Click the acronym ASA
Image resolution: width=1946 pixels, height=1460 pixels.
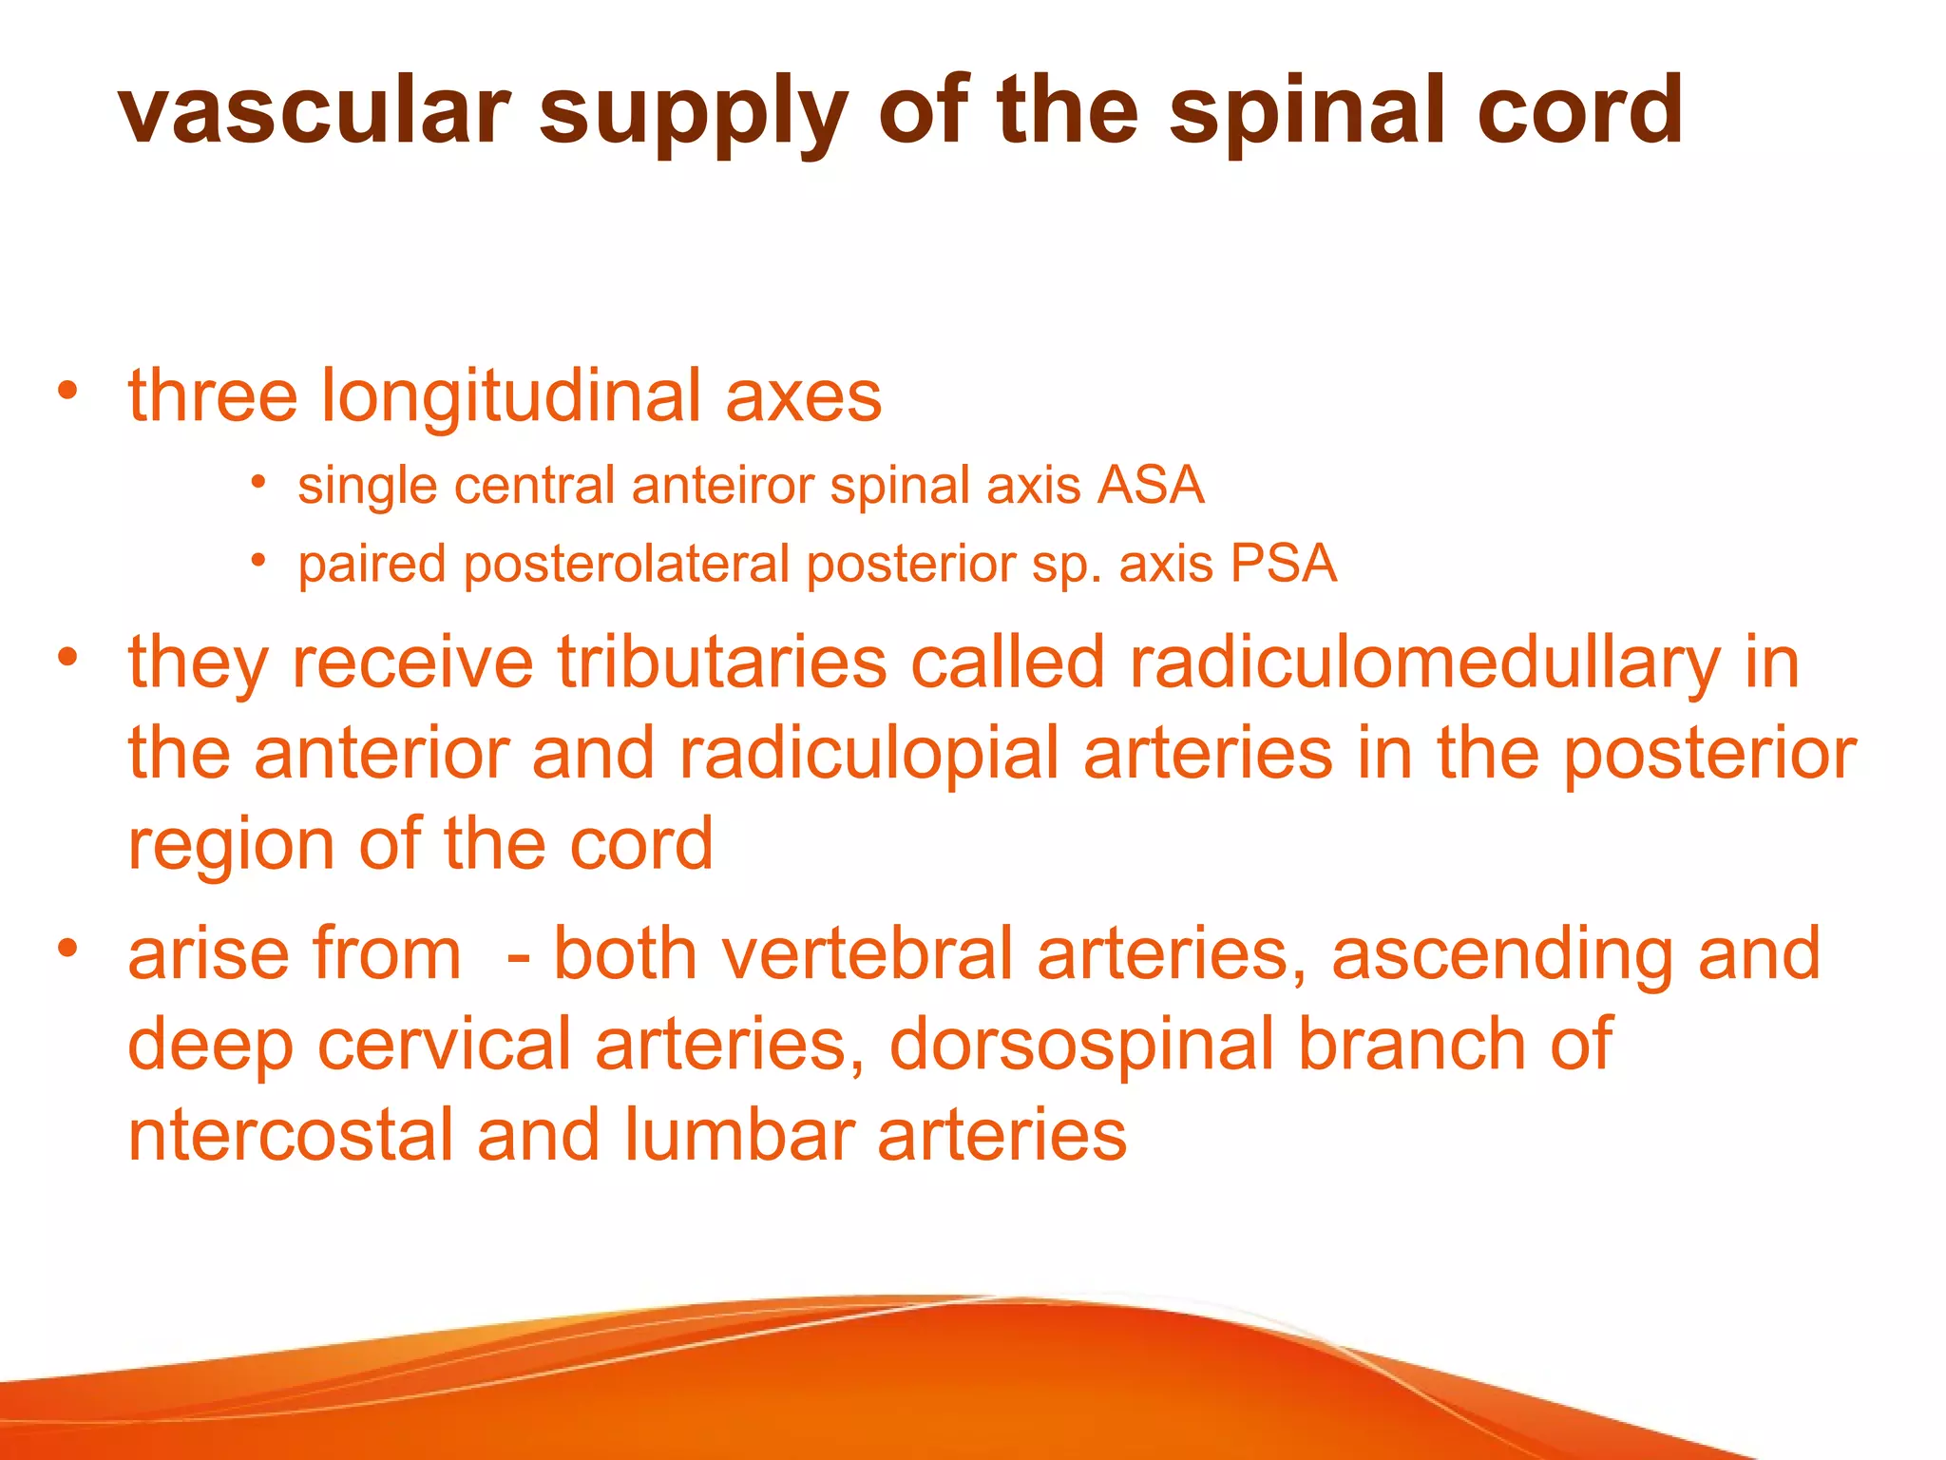click(x=1151, y=486)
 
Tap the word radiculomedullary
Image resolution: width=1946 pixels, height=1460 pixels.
click(x=1424, y=663)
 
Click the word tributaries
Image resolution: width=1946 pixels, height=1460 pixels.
click(x=721, y=663)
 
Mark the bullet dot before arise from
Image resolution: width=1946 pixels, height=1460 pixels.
click(x=67, y=949)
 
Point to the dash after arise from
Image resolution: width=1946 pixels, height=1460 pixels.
click(x=518, y=956)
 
